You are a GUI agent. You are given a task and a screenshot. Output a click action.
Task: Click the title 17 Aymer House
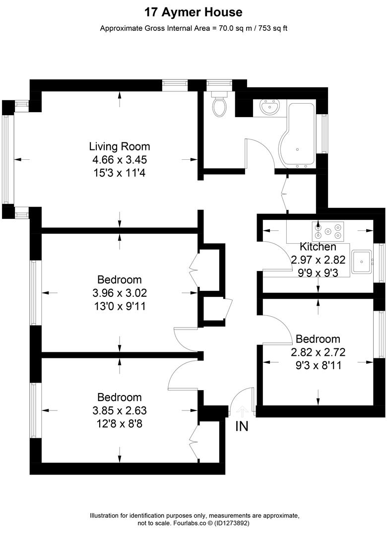(x=193, y=12)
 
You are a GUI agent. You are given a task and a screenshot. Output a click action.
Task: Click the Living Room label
(x=119, y=146)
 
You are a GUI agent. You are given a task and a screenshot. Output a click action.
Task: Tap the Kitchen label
(x=318, y=247)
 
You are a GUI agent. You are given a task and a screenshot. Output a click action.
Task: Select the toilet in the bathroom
(x=219, y=104)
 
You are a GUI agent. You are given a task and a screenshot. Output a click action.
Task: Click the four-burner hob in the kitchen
(x=327, y=230)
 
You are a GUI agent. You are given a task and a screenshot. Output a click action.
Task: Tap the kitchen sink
(x=364, y=261)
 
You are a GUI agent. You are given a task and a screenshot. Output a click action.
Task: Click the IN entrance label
(x=242, y=426)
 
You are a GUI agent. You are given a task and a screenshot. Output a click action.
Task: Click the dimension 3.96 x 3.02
(x=119, y=293)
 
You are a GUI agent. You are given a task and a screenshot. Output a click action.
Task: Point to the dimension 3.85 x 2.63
(x=119, y=410)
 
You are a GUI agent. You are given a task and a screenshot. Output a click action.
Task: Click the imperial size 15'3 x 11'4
(x=119, y=173)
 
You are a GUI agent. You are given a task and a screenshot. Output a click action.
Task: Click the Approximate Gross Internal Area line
(x=193, y=28)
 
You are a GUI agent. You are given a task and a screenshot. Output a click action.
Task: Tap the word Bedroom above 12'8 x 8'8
(x=119, y=397)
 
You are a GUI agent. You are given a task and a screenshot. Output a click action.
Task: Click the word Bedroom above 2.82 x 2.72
(x=318, y=339)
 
